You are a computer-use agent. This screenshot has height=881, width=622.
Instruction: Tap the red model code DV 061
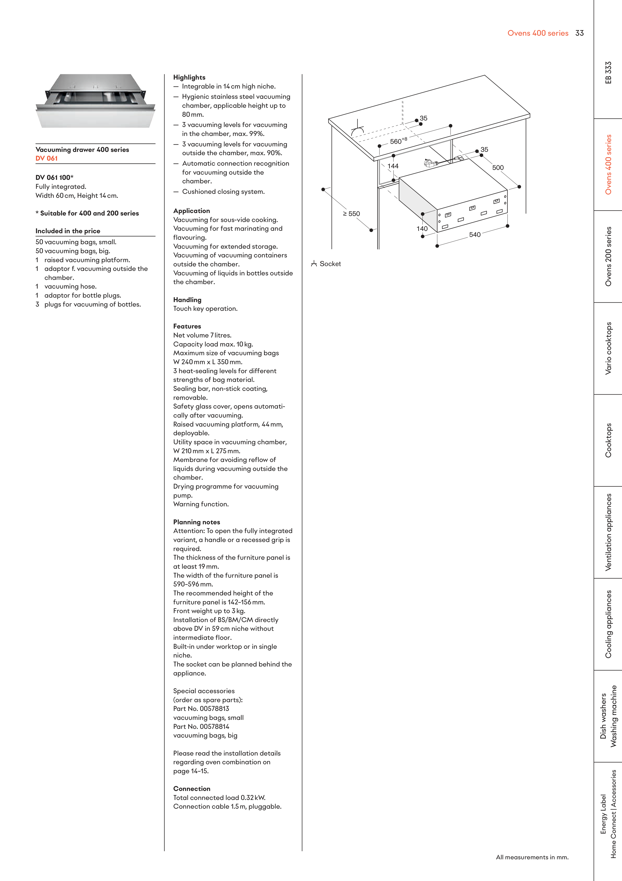(46, 158)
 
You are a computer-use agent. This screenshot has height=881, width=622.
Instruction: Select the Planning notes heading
(196, 522)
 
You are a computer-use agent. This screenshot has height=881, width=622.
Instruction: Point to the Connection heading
(192, 788)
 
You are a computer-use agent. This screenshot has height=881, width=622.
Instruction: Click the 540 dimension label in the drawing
(475, 234)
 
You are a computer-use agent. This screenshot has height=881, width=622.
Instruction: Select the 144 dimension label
(393, 166)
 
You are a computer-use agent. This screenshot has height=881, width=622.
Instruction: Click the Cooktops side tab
(608, 440)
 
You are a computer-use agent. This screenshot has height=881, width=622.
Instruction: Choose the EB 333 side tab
(608, 73)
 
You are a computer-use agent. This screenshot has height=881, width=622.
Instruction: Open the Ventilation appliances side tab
(608, 532)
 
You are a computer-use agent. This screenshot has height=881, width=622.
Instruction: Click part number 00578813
(214, 709)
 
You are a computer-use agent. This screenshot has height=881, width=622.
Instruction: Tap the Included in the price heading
(68, 231)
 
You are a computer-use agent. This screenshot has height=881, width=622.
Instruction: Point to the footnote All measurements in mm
(532, 857)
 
